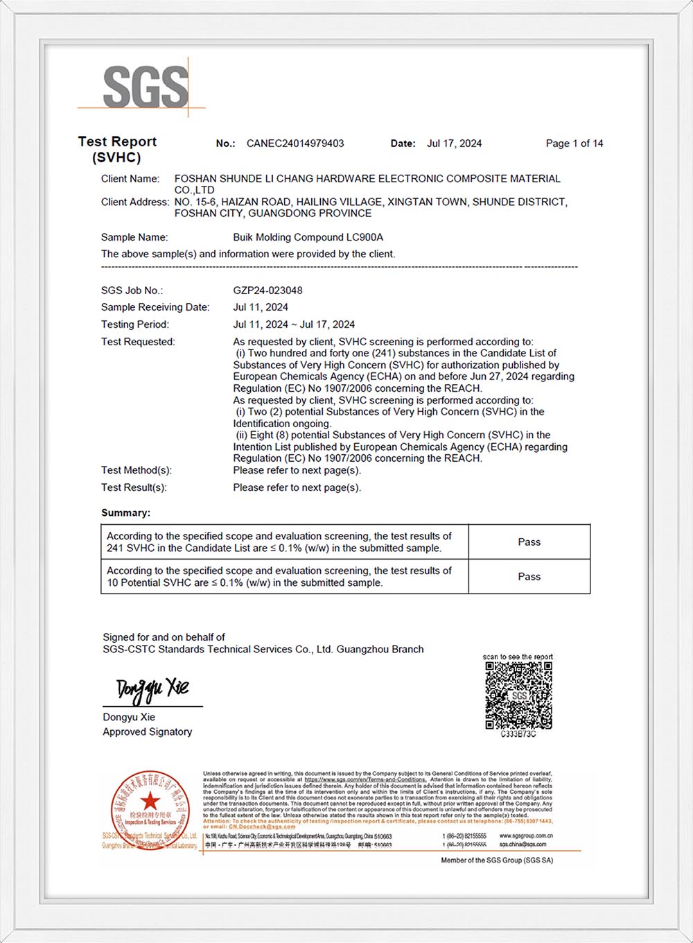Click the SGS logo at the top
[x=146, y=87]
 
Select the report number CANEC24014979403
[x=295, y=144]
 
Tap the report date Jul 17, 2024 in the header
[x=454, y=144]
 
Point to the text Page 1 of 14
[x=574, y=144]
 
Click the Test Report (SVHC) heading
[x=117, y=149]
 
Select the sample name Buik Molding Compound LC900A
[x=308, y=237]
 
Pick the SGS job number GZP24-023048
[x=267, y=291]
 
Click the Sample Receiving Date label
[x=155, y=307]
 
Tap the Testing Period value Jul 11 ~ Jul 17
[x=294, y=325]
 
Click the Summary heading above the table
[x=125, y=513]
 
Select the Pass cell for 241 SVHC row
[x=529, y=542]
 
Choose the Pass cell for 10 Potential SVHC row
[x=529, y=577]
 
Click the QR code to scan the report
[x=518, y=695]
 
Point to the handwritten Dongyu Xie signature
[x=152, y=689]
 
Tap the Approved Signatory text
[x=148, y=732]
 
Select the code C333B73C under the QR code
[x=518, y=734]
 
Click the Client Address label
[x=135, y=202]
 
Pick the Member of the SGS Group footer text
[x=497, y=860]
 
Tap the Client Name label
[x=130, y=179]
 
